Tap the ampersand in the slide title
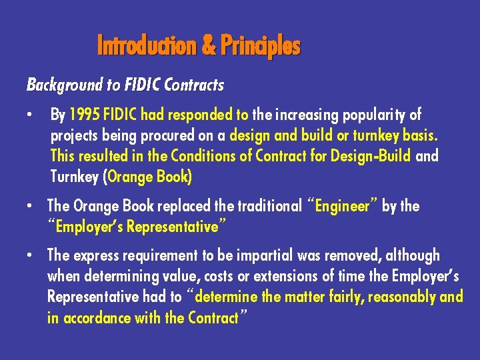tap(208, 46)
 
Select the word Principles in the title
tap(261, 46)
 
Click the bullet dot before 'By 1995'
tap(30, 115)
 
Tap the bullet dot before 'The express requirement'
tap(30, 255)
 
